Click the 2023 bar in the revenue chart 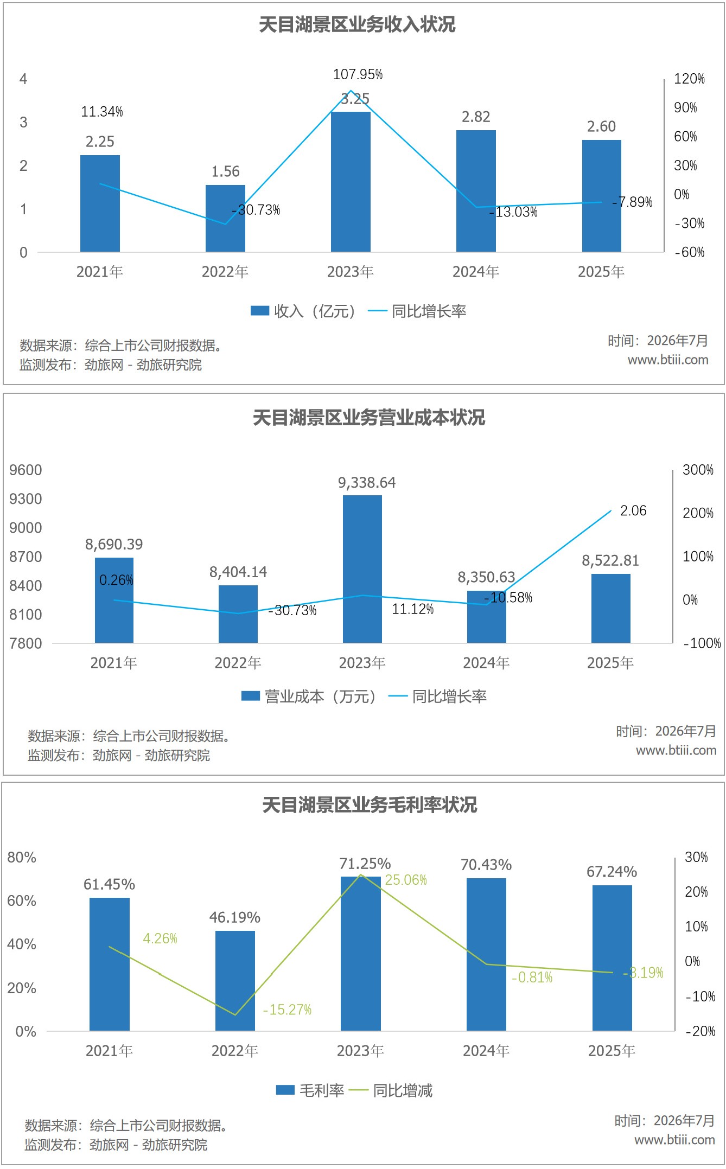[x=351, y=182]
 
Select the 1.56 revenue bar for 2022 [x=225, y=218]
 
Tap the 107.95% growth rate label [x=358, y=74]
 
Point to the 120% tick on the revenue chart [x=689, y=79]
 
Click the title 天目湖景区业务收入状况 [x=357, y=24]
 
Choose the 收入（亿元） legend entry [x=303, y=311]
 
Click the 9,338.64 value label [x=367, y=483]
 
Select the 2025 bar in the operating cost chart [x=610, y=608]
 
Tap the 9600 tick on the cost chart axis [x=26, y=470]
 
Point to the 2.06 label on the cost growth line [x=633, y=510]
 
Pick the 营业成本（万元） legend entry [x=309, y=696]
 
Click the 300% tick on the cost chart [x=698, y=470]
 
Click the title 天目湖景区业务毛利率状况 [x=370, y=804]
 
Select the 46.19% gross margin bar [x=235, y=980]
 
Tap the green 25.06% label [x=406, y=880]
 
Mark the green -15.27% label [x=287, y=1010]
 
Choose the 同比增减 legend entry [x=391, y=1090]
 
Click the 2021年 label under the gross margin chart [x=109, y=1051]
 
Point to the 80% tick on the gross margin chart [x=22, y=858]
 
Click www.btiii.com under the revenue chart [x=668, y=360]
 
